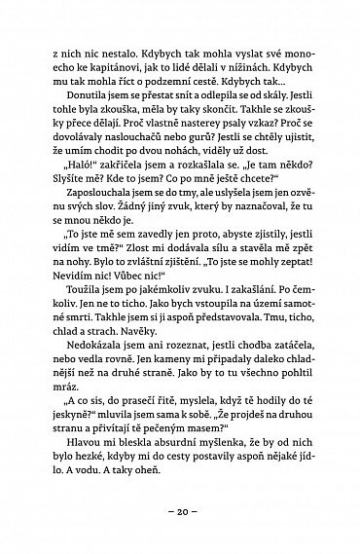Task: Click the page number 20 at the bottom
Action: tap(180, 513)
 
